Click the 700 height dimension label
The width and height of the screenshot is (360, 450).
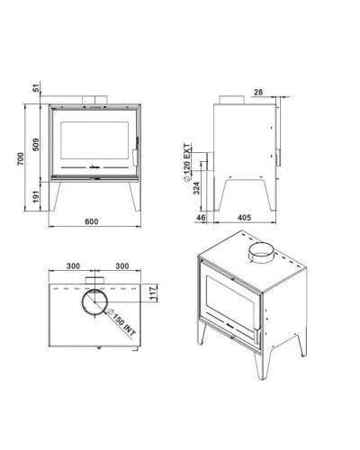pyautogui.click(x=20, y=159)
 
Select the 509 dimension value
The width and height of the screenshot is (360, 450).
pyautogui.click(x=36, y=145)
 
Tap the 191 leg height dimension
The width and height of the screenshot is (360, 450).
pyautogui.click(x=36, y=196)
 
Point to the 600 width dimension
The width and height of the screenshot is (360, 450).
pyautogui.click(x=92, y=221)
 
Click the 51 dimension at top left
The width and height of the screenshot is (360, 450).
pyautogui.click(x=36, y=88)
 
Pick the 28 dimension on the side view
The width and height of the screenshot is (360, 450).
pyautogui.click(x=258, y=92)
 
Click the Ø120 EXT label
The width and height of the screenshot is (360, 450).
pyautogui.click(x=186, y=162)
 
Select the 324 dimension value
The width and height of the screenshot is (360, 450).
pyautogui.click(x=196, y=188)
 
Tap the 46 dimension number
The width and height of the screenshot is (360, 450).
pyautogui.click(x=201, y=217)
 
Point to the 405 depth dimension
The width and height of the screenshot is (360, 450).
pyautogui.click(x=244, y=217)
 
